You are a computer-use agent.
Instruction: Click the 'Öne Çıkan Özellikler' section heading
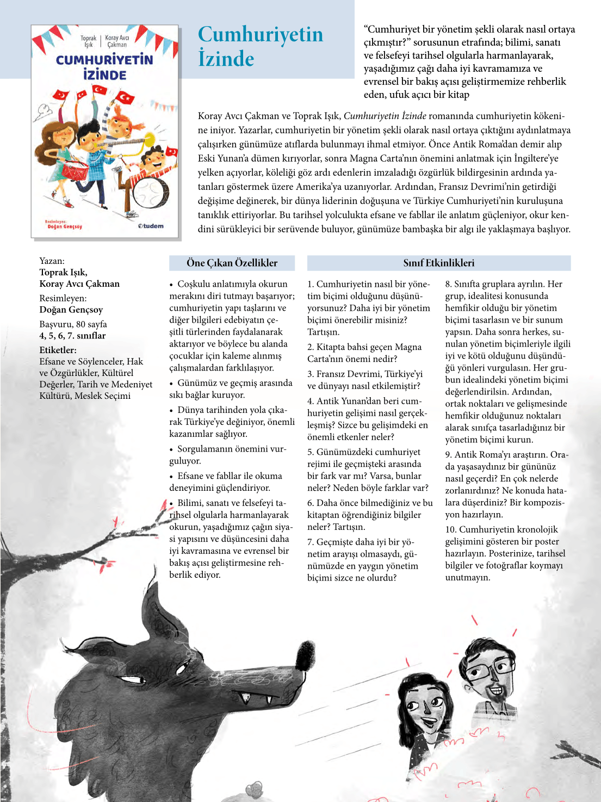(232, 263)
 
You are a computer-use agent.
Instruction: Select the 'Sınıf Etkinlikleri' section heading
(438, 263)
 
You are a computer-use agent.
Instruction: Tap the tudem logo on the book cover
(151, 226)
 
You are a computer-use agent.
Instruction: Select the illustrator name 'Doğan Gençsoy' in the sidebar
(71, 310)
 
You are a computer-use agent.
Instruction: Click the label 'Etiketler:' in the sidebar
(58, 350)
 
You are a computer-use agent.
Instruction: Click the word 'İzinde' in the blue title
(226, 59)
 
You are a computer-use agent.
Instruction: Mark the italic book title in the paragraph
(385, 116)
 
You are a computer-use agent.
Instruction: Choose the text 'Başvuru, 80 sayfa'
(73, 324)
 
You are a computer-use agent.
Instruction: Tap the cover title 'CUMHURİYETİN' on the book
(104, 60)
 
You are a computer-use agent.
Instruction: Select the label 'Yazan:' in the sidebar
(52, 261)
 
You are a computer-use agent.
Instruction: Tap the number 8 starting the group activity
(448, 284)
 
